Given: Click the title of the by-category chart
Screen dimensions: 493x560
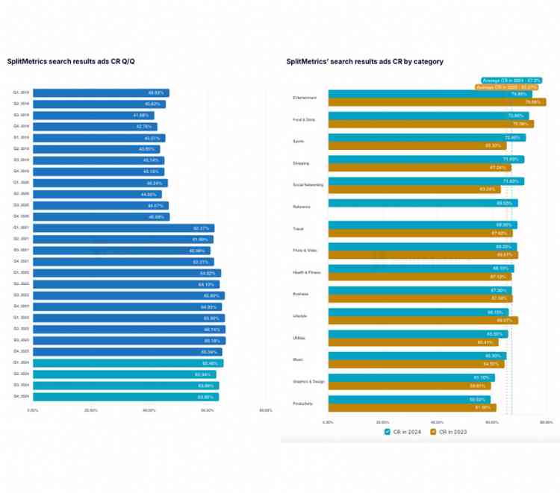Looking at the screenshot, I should [x=364, y=61].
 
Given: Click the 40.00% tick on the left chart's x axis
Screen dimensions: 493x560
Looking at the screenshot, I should [x=149, y=410].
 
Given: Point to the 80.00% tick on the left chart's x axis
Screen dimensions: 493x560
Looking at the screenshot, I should [x=265, y=410].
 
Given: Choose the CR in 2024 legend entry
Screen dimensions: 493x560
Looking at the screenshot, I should [x=404, y=432].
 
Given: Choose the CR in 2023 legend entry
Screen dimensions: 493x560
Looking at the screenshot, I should [x=449, y=432].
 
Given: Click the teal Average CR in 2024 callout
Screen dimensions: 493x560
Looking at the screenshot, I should [x=511, y=80].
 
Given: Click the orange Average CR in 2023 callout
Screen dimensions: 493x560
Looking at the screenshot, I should [x=507, y=87].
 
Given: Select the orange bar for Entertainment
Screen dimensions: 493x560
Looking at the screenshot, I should [x=437, y=102].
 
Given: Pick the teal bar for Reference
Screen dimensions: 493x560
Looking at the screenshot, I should [x=423, y=203].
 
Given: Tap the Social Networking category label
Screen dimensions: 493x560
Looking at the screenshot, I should [x=308, y=185].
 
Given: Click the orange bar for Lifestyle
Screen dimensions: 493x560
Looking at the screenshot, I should [x=423, y=320].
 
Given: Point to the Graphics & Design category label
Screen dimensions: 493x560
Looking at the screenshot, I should [x=308, y=381].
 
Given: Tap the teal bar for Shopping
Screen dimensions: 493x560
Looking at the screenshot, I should [x=426, y=160].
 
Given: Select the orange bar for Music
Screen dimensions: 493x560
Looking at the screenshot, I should [x=416, y=364].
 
